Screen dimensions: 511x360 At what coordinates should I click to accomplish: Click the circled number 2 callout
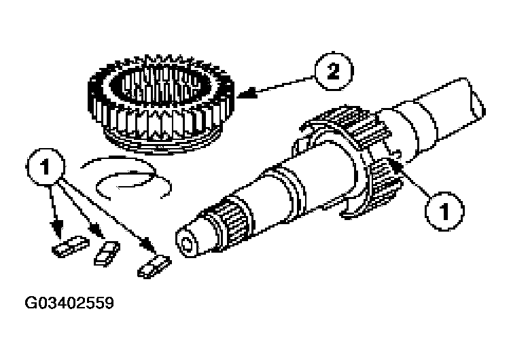[334, 71]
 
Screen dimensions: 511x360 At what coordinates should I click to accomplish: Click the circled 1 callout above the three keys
[46, 166]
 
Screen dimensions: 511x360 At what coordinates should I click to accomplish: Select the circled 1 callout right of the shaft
[444, 211]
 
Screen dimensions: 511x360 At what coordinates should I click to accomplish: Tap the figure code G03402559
[69, 303]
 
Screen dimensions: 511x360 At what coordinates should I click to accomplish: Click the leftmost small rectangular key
[71, 246]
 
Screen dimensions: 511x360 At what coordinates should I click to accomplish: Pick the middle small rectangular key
[107, 253]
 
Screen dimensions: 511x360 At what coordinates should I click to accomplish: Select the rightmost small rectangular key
[154, 266]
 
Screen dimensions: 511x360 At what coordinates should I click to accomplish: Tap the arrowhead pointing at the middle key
[96, 231]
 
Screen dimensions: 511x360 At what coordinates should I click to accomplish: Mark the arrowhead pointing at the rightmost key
[148, 245]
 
